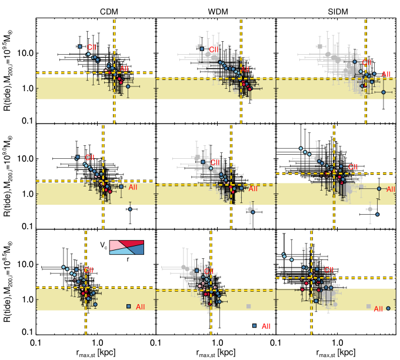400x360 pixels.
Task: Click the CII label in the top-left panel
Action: [91, 48]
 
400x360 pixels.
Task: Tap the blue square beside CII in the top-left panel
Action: [80, 46]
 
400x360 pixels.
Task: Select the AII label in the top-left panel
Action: [124, 69]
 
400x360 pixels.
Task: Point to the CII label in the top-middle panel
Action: [214, 50]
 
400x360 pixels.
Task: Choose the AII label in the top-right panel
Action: [386, 75]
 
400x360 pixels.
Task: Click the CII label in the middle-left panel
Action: [89, 158]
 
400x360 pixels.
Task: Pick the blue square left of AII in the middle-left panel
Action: [121, 186]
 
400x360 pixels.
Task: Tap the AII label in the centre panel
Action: [253, 189]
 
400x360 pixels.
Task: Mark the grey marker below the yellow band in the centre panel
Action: [250, 209]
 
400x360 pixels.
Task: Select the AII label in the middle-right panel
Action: [391, 189]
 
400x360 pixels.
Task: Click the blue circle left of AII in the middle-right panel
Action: [379, 189]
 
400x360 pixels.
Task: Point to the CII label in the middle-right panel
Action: [353, 168]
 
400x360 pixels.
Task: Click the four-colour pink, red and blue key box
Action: [126, 247]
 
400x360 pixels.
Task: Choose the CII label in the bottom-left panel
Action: [88, 271]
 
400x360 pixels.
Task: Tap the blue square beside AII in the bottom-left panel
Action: [129, 306]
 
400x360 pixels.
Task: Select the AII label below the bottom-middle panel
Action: [266, 326]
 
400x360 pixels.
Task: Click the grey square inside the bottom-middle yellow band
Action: [248, 306]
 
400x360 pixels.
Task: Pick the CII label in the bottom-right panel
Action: [328, 270]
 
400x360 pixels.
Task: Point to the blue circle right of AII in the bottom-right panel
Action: [388, 308]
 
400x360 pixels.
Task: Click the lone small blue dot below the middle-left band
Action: [130, 209]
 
